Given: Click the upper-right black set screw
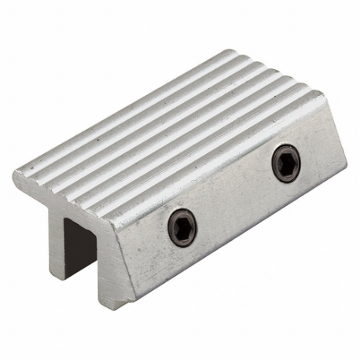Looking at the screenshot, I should (x=285, y=163).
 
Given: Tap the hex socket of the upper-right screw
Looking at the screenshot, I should (x=285, y=163).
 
